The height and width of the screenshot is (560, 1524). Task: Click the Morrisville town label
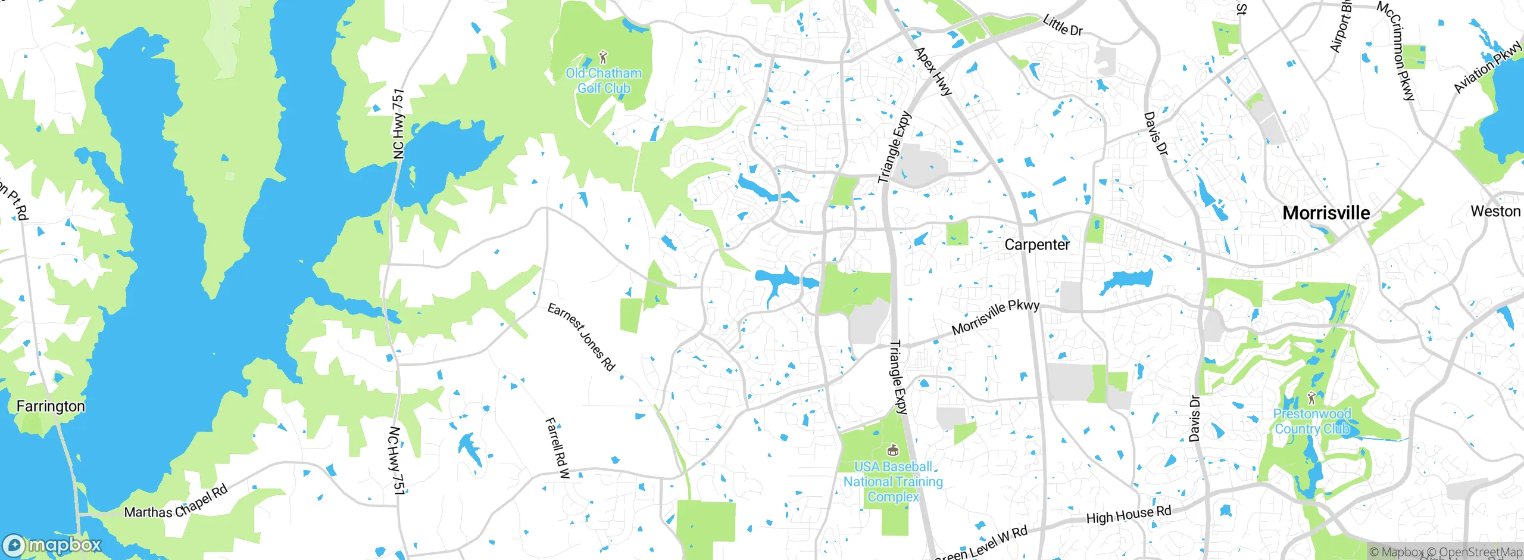click(1326, 213)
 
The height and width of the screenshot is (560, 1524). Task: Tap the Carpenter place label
click(1036, 244)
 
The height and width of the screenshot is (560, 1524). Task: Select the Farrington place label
click(51, 406)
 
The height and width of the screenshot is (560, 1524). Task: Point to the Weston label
click(1495, 211)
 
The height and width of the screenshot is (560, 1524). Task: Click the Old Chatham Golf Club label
click(604, 80)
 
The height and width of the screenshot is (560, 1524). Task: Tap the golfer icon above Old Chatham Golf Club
click(603, 57)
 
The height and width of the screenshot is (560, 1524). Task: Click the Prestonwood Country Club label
click(1311, 421)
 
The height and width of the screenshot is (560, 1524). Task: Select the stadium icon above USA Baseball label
click(892, 450)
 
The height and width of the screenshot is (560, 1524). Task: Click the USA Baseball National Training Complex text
click(893, 481)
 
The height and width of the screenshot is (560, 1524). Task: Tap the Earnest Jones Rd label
click(580, 337)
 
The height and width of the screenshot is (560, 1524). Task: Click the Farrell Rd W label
click(557, 447)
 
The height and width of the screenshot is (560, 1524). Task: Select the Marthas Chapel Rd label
click(176, 502)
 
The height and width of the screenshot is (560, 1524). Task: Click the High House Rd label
click(1128, 515)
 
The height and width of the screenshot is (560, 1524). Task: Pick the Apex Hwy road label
click(933, 71)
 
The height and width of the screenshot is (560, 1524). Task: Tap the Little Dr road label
click(1062, 26)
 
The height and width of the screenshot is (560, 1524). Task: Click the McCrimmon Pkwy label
click(1396, 51)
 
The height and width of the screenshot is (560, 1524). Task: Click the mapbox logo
click(52, 545)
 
